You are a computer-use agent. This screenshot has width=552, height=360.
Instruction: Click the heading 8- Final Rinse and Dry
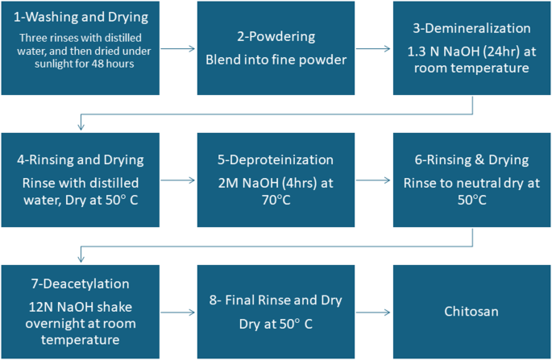pos(275,300)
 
